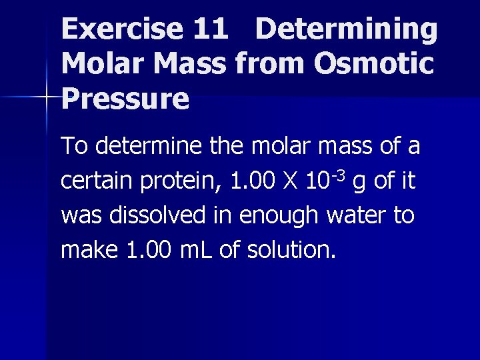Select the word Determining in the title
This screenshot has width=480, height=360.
pos(347,29)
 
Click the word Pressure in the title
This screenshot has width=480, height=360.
pos(125,99)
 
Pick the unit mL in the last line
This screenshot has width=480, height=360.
pos(197,251)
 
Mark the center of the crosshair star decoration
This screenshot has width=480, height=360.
pos(47,98)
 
